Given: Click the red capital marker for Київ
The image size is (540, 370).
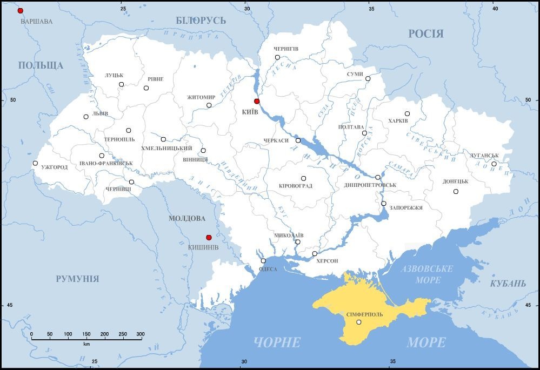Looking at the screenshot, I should click(x=257, y=101).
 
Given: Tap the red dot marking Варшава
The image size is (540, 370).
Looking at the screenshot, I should click(x=21, y=11).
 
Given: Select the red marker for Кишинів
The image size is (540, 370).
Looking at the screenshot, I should click(x=209, y=237).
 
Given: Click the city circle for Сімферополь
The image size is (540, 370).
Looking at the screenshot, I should click(x=359, y=322).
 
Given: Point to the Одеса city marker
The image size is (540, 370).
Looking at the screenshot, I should click(x=263, y=260).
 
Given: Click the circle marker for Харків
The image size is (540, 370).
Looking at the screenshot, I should click(x=407, y=113).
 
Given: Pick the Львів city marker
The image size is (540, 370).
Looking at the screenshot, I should click(x=86, y=117).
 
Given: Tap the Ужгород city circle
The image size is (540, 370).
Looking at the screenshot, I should click(x=35, y=163).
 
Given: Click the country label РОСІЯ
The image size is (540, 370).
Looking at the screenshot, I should click(x=425, y=33).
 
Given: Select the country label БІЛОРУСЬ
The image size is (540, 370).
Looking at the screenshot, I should click(x=201, y=21).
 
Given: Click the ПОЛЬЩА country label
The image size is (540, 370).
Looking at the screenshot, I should click(x=41, y=65).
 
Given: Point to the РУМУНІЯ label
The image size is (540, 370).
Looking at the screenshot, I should click(x=77, y=279).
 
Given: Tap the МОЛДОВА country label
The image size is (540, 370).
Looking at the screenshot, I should click(x=186, y=219).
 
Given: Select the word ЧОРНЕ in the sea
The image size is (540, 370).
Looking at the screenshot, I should click(x=277, y=342).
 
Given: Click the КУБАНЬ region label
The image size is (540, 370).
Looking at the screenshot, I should click(x=508, y=284).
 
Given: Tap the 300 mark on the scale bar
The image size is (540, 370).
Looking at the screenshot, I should click(x=140, y=334).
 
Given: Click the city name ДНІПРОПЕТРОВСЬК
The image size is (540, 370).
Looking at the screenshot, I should click(x=370, y=185).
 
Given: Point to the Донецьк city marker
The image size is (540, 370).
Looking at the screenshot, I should click(x=456, y=191).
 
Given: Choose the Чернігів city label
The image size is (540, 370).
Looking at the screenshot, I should click(x=286, y=49).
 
